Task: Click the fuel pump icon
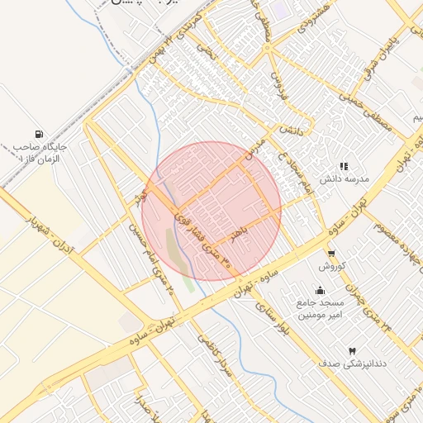click(39, 134)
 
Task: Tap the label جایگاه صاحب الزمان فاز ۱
click(39, 152)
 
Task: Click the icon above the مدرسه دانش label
click(344, 166)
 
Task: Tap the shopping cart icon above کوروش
click(331, 254)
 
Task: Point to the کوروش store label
click(331, 266)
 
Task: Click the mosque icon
click(321, 291)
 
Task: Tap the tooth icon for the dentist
click(353, 351)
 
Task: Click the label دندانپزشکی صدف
click(353, 364)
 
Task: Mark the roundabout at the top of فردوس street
click(268, 47)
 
